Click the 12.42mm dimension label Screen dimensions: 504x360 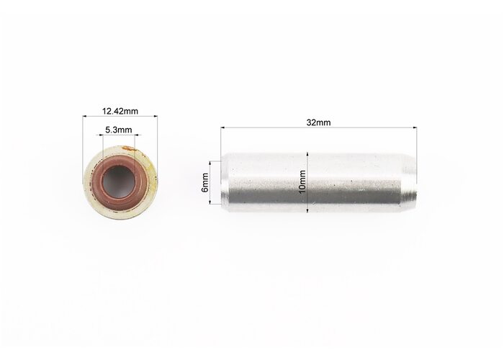(120, 111)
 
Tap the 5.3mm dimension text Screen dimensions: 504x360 (119, 130)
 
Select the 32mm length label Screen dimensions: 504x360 (318, 122)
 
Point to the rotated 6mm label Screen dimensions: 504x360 (204, 182)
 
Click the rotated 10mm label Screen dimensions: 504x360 (302, 182)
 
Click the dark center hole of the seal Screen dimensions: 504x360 (118, 181)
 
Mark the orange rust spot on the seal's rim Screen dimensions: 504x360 (129, 148)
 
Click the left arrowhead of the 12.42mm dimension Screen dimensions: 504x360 (84, 117)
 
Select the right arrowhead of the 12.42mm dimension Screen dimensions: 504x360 (156, 117)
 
